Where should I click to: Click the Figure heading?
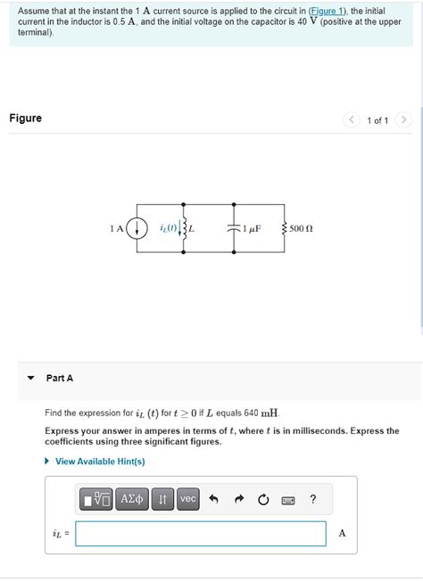pyautogui.click(x=26, y=119)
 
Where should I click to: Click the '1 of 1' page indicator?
pyautogui.click(x=377, y=120)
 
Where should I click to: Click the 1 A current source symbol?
pyautogui.click(x=137, y=228)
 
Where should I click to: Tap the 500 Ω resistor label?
pyautogui.click(x=301, y=229)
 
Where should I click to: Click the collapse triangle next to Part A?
pyautogui.click(x=30, y=378)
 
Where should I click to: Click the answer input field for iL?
pyautogui.click(x=201, y=534)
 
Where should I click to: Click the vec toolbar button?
pyautogui.click(x=188, y=500)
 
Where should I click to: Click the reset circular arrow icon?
pyautogui.click(x=263, y=500)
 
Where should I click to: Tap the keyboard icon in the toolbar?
pyautogui.click(x=288, y=500)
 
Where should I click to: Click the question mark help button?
pyautogui.click(x=312, y=500)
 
